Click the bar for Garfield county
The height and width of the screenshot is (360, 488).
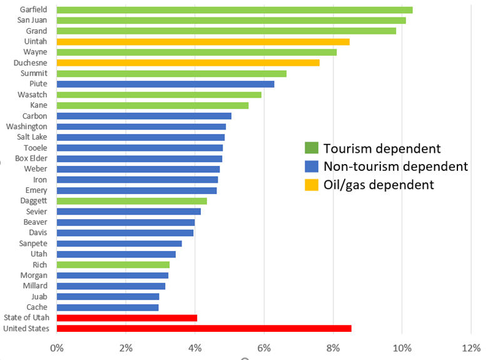(235, 9)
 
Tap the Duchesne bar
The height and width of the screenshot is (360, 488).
(188, 63)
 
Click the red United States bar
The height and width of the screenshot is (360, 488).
(204, 328)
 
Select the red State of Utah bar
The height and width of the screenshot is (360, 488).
(127, 317)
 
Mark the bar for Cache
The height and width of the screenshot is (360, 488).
(108, 307)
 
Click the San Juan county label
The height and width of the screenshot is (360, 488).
(32, 20)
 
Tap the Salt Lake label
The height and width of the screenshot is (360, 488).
(32, 137)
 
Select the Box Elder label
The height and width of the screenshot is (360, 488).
(31, 158)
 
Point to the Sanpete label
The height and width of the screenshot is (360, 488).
(34, 243)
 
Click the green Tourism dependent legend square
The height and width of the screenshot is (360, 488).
(311, 148)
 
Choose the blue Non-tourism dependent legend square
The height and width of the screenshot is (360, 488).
(311, 167)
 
